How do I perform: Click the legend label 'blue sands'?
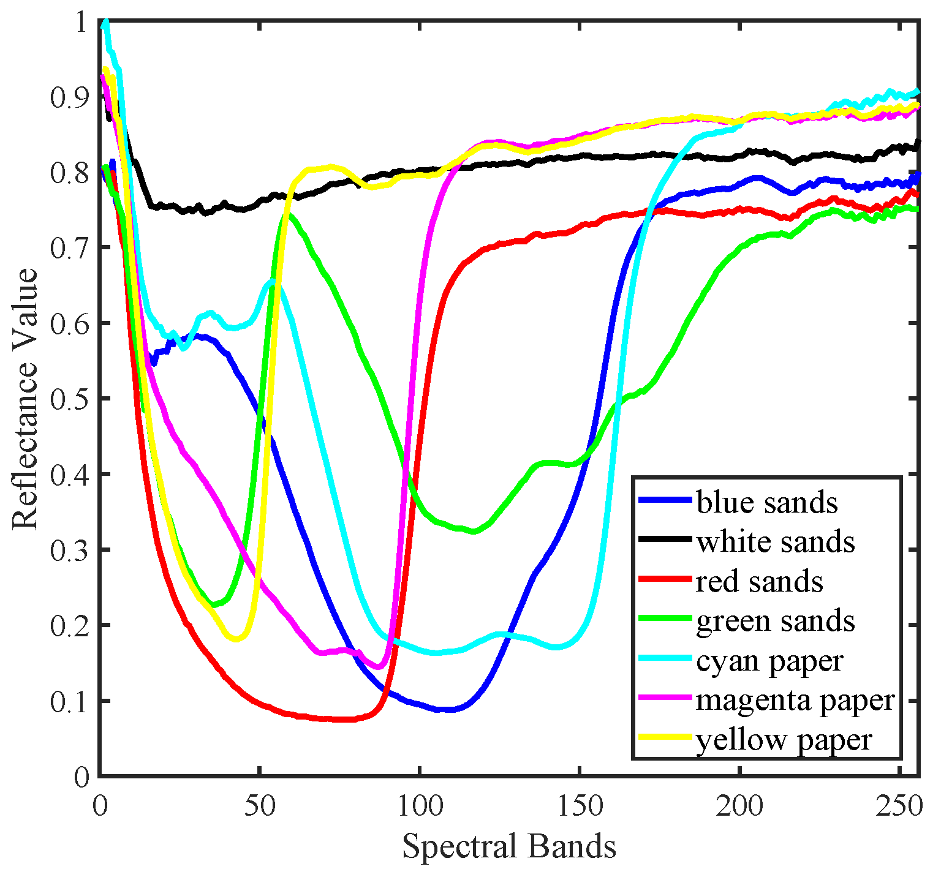coord(766,503)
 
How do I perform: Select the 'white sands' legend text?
coord(775,542)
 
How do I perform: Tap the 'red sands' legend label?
coord(759,581)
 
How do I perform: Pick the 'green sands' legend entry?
coord(775,621)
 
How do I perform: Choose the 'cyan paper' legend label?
coord(769,661)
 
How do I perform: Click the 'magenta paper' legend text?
coord(795,700)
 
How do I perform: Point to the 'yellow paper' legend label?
coord(784,740)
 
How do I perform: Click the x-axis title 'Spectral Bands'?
coord(508,847)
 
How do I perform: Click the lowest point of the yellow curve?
coord(238,639)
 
